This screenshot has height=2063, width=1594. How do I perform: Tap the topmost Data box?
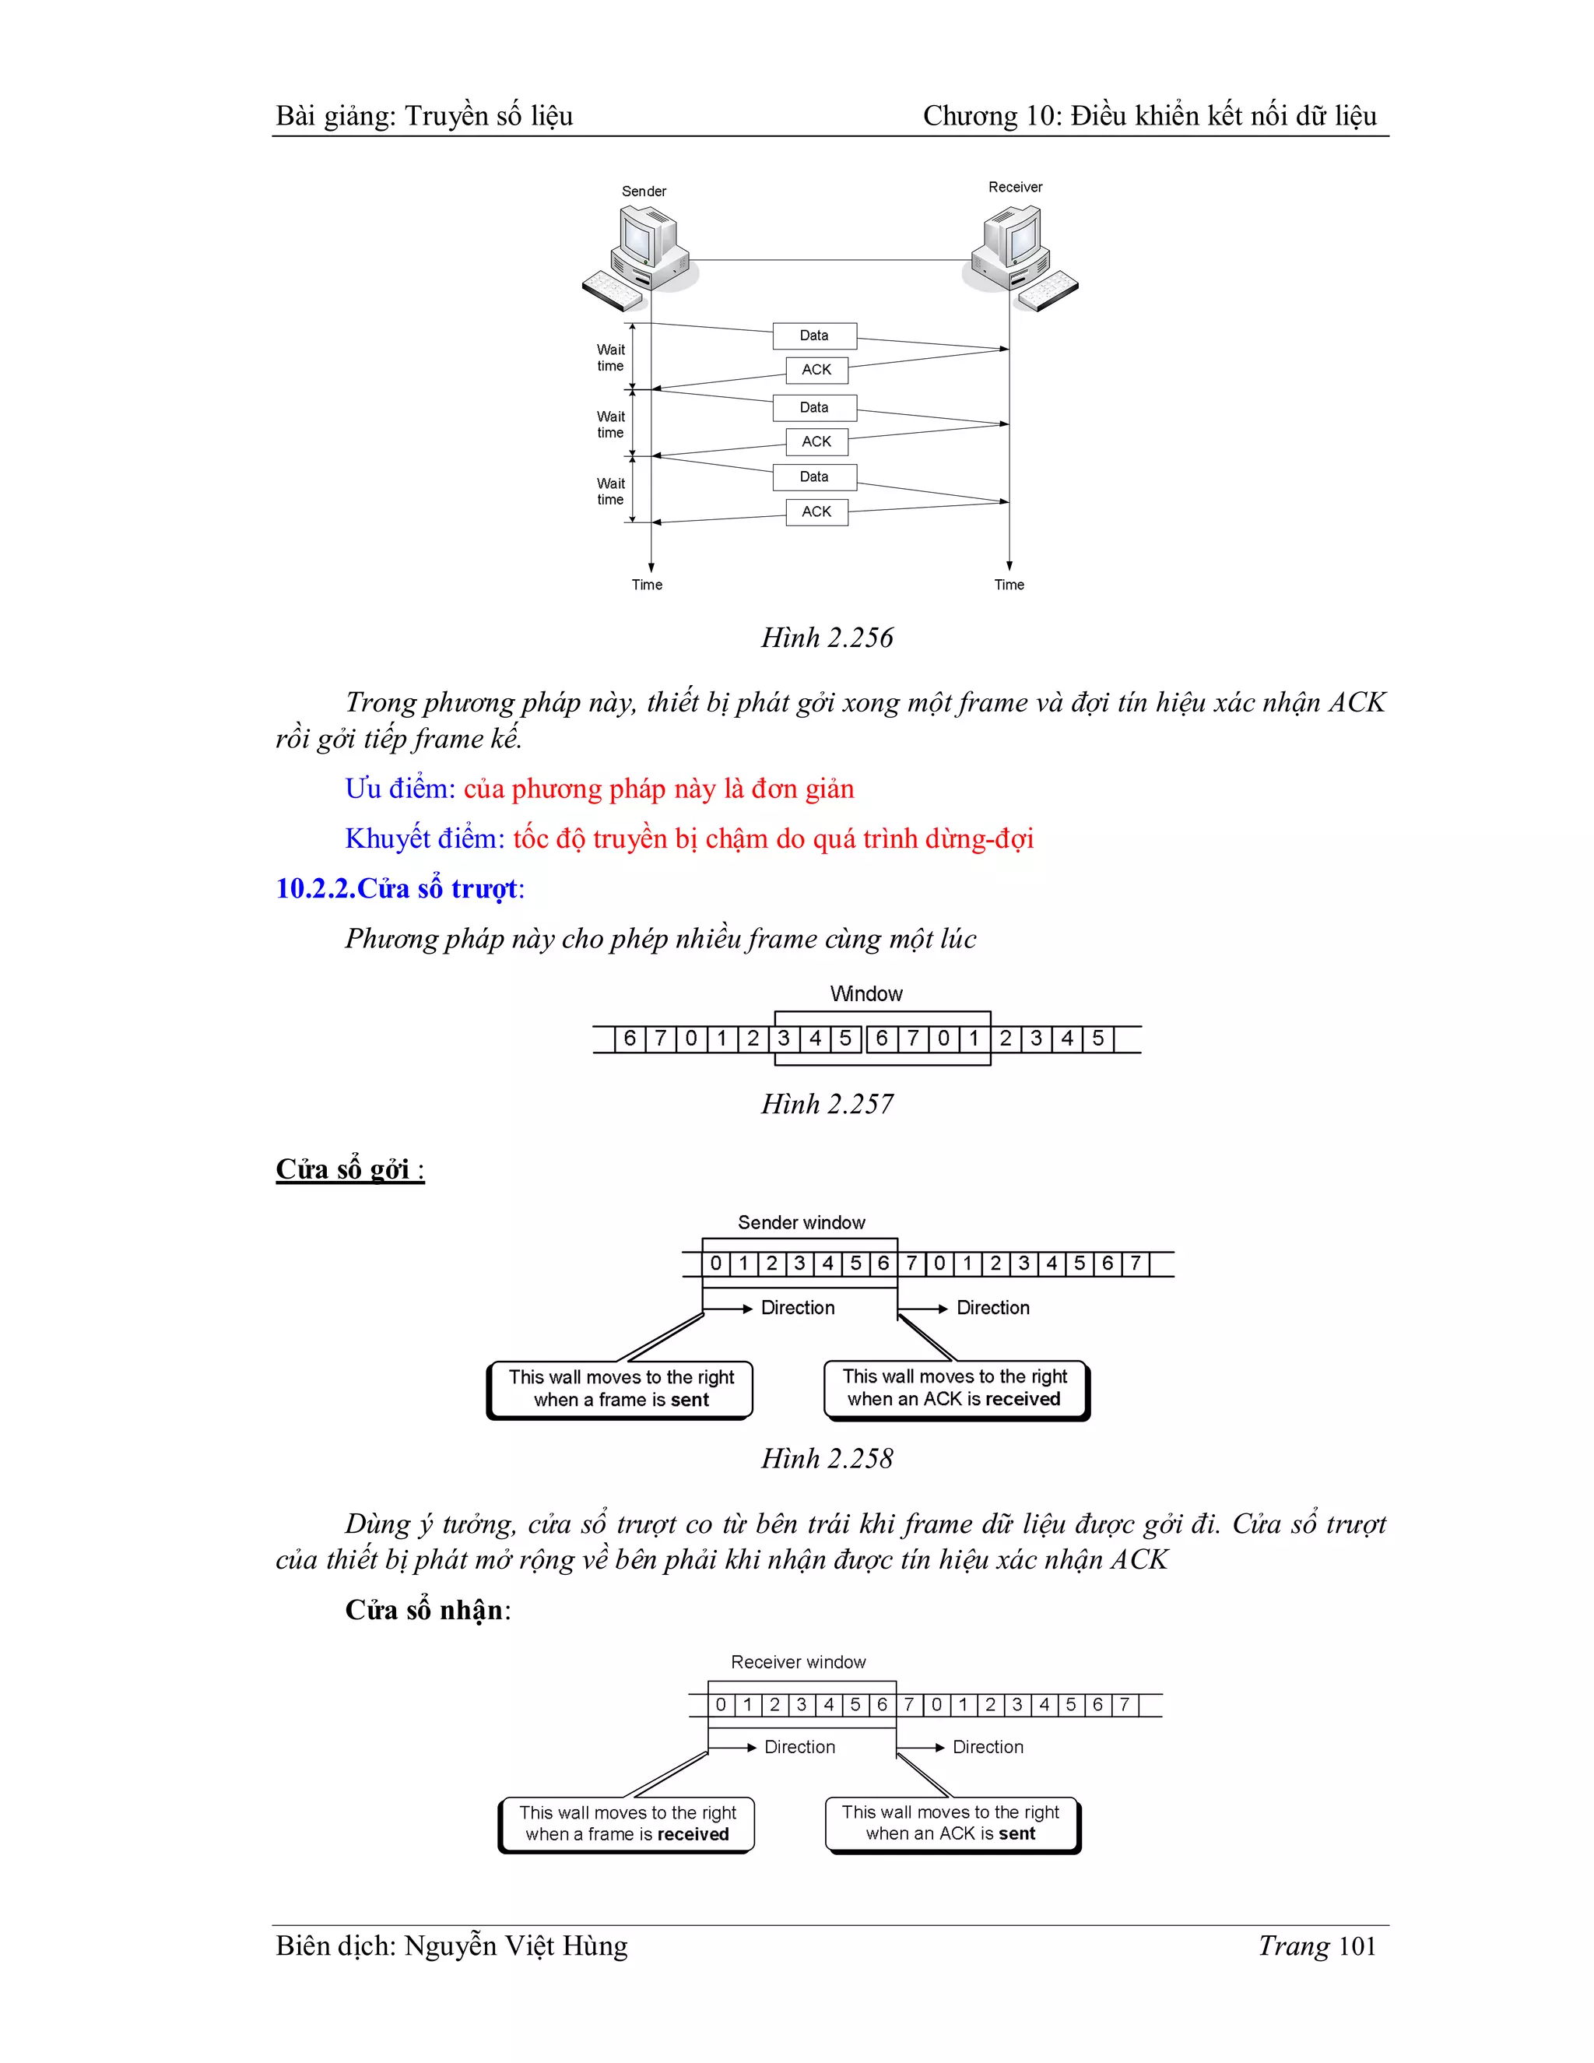[x=814, y=336]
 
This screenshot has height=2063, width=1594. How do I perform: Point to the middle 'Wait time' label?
[x=610, y=424]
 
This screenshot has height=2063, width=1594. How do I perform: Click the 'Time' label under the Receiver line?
[x=1009, y=585]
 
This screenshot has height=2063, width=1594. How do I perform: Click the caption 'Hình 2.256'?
[x=827, y=638]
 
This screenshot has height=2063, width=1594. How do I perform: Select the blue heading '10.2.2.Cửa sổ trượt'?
[x=397, y=889]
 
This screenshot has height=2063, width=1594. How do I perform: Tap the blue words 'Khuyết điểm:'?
[x=425, y=838]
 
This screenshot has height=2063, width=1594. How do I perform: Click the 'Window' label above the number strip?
[x=866, y=993]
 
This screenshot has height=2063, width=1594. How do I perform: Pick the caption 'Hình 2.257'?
[x=827, y=1103]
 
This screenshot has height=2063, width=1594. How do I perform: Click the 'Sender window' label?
[x=801, y=1222]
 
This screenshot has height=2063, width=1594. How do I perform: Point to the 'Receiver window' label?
[x=798, y=1661]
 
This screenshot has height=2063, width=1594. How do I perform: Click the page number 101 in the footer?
[x=1357, y=1947]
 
